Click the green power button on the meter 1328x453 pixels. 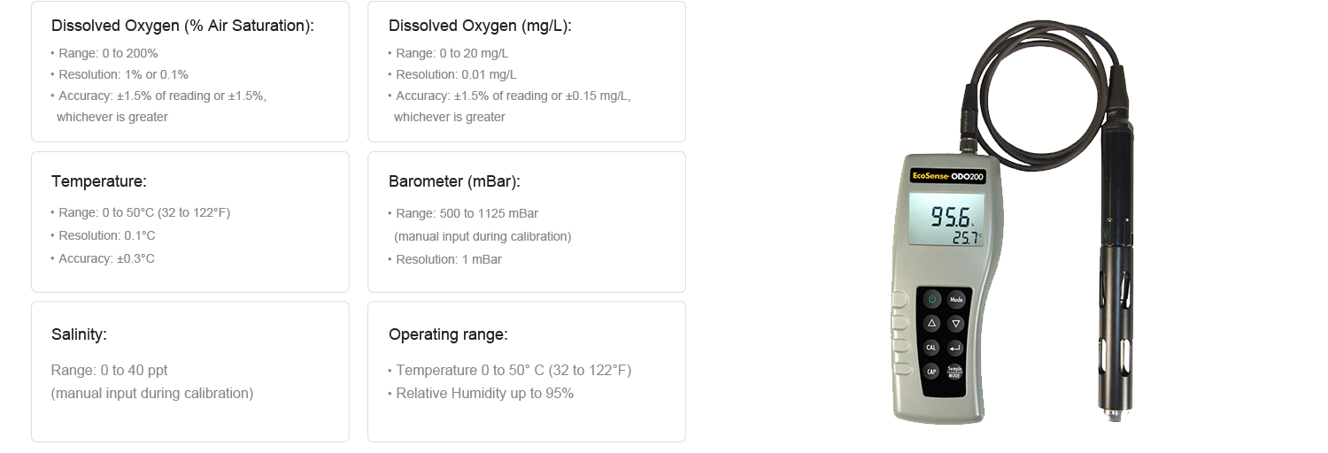tap(932, 299)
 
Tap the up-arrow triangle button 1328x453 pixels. tap(931, 323)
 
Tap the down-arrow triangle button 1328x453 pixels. tap(955, 324)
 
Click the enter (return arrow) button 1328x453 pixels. tap(955, 349)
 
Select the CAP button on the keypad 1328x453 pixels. tap(931, 372)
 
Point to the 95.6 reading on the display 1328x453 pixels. tap(950, 218)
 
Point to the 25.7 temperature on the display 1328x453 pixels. tap(965, 238)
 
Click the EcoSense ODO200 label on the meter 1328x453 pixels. tap(947, 176)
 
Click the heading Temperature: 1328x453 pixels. tap(99, 181)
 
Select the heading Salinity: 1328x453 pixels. tap(79, 334)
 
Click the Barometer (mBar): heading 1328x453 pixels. tap(454, 181)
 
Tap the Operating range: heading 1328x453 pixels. tap(448, 334)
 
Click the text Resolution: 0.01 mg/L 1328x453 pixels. tap(456, 74)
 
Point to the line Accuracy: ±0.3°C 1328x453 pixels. tap(107, 258)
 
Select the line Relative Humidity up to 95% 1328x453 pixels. tap(484, 393)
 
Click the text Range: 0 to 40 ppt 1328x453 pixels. tap(109, 370)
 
